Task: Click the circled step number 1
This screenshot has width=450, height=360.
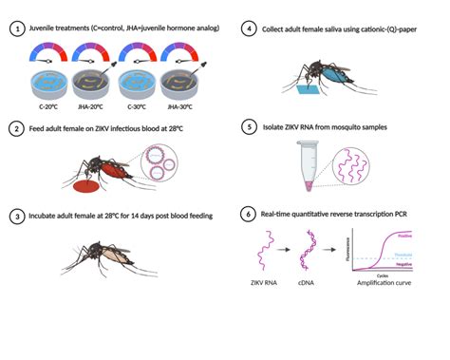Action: tap(16, 29)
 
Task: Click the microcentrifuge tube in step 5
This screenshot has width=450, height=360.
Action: tap(309, 161)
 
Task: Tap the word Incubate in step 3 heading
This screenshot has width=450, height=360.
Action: tap(47, 217)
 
